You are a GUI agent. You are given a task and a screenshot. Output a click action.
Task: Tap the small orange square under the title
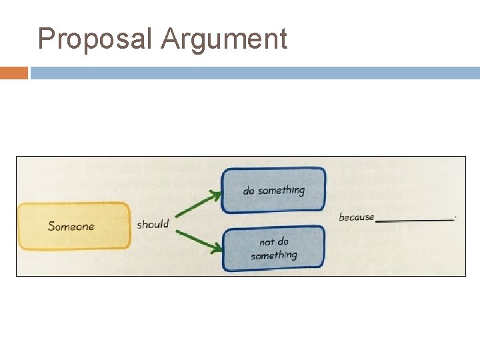click(x=13, y=73)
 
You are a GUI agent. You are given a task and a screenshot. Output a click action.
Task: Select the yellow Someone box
click(x=73, y=226)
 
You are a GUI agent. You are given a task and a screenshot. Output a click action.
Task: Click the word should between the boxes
click(x=153, y=224)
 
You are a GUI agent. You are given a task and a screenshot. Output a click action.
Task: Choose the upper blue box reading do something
click(x=273, y=190)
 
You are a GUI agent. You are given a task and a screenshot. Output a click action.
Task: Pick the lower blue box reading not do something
click(x=273, y=248)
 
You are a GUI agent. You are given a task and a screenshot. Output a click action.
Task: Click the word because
click(x=357, y=217)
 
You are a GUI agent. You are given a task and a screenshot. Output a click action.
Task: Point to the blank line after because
click(x=415, y=219)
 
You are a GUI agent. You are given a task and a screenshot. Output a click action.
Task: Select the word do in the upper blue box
click(x=249, y=191)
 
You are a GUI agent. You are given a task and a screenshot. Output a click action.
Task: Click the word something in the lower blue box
click(x=273, y=255)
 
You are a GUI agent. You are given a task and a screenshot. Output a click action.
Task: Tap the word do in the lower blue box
click(x=283, y=241)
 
